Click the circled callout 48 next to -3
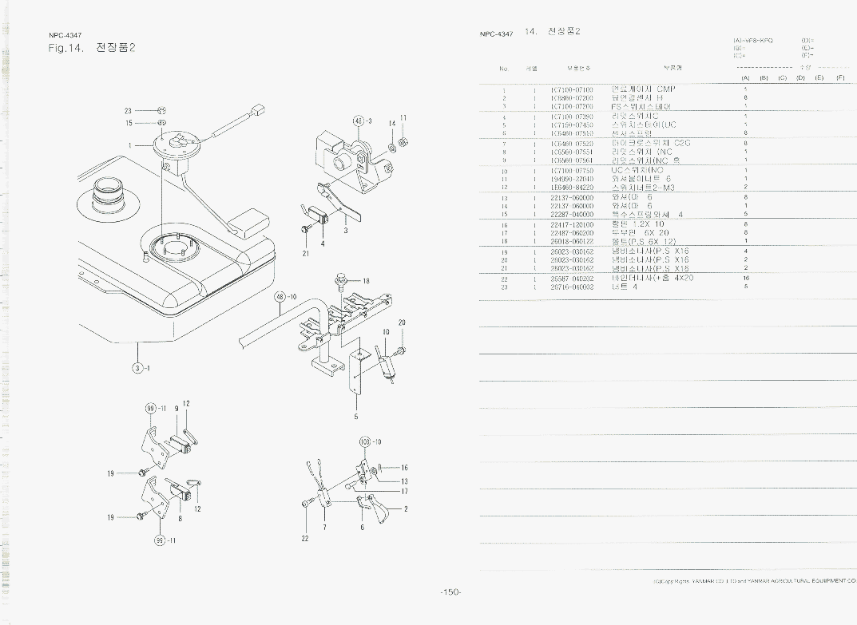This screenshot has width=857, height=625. click(x=359, y=121)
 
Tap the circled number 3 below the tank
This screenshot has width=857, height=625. click(x=138, y=368)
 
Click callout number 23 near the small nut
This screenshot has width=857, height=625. click(x=128, y=111)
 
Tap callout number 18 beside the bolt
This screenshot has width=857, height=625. click(x=366, y=281)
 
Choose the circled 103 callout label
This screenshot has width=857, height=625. click(x=365, y=441)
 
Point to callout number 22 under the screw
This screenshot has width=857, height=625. click(x=305, y=539)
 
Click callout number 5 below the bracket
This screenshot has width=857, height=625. click(x=356, y=416)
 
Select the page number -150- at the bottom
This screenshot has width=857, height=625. click(x=450, y=591)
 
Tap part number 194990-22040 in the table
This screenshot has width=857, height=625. click(x=572, y=179)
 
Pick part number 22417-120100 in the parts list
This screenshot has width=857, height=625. click(x=572, y=225)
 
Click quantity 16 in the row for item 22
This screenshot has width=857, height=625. click(x=745, y=279)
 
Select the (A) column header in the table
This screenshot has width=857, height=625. click(x=744, y=78)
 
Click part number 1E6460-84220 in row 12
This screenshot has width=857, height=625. click(x=572, y=187)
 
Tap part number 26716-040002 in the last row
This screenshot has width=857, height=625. click(x=572, y=287)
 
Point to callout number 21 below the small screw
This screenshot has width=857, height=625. click(x=306, y=254)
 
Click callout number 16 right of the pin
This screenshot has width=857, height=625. click(x=405, y=468)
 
